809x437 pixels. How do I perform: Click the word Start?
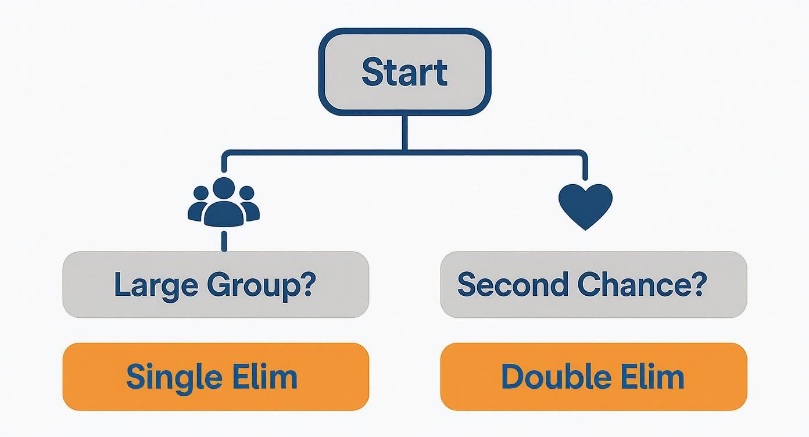click(405, 72)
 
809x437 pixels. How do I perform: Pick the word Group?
click(261, 285)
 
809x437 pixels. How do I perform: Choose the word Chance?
click(642, 284)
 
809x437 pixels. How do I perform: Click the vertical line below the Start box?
click(405, 132)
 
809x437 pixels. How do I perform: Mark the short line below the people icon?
click(224, 240)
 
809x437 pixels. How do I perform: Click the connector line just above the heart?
click(585, 169)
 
